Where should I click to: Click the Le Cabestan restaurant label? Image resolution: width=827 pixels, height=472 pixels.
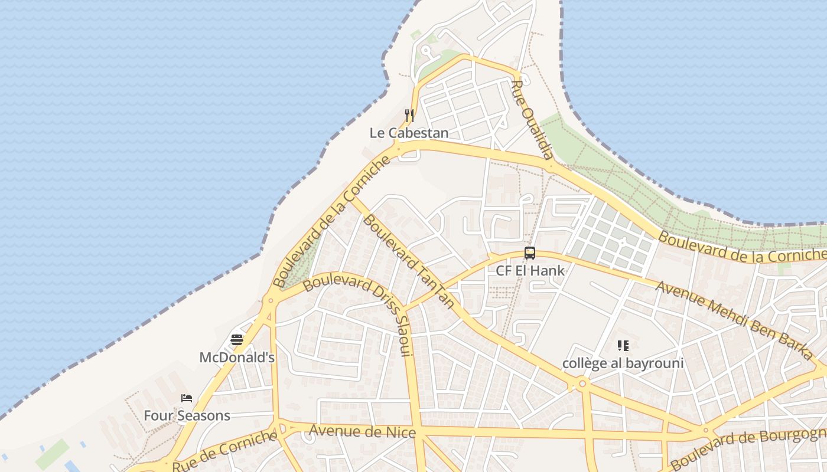pos(409,133)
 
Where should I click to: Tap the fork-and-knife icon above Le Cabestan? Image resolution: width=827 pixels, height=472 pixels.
pos(409,115)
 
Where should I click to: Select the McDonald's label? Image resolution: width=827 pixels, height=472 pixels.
pos(237,358)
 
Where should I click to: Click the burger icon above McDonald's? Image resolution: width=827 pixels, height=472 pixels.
pos(237,340)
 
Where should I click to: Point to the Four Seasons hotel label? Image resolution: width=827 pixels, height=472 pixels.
pos(187,415)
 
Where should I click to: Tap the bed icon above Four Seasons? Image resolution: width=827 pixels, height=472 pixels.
pos(187,398)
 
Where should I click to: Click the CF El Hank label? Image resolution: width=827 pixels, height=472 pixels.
pos(530,271)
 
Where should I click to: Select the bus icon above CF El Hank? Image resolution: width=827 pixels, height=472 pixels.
pos(530,253)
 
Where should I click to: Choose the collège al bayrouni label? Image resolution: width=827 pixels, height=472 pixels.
pos(623,363)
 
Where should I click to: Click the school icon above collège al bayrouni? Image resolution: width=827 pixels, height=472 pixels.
pos(623,345)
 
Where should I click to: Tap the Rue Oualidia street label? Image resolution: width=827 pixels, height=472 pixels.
pos(532,120)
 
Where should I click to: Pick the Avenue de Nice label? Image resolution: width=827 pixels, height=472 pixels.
pos(362,432)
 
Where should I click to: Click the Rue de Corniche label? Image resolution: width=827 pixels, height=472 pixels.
pos(225,451)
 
